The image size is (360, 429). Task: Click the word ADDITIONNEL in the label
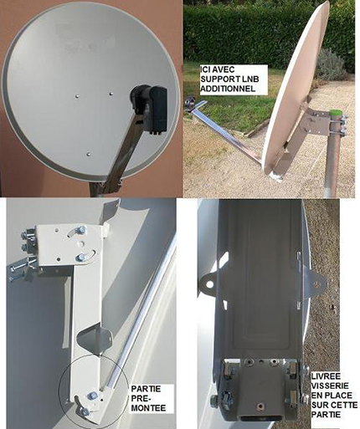click(228, 89)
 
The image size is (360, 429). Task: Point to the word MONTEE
click(148, 408)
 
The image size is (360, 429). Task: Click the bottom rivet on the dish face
click(89, 154)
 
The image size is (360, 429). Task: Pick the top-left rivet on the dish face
click(77, 96)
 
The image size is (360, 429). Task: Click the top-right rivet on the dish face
click(111, 94)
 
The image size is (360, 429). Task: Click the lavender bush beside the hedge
click(332, 65)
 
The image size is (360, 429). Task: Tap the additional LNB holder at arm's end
click(192, 102)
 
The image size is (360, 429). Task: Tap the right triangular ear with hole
click(316, 284)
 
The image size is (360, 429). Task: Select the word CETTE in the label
click(344, 405)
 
